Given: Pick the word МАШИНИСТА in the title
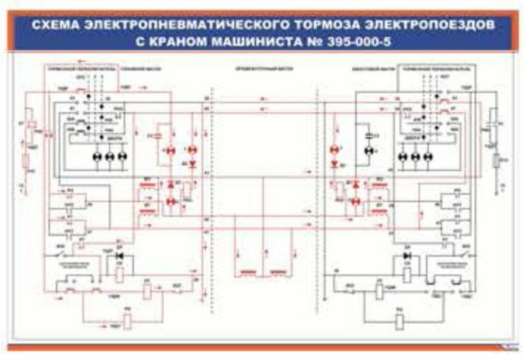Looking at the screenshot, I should [260, 42].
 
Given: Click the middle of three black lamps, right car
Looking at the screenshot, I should [416, 157].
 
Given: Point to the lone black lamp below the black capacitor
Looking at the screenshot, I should [369, 150].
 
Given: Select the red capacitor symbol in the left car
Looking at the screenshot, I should [156, 136].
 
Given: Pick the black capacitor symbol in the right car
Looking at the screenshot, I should [369, 136].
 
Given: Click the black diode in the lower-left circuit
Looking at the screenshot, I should [120, 257].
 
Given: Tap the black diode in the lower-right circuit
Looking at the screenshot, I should [407, 257].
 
